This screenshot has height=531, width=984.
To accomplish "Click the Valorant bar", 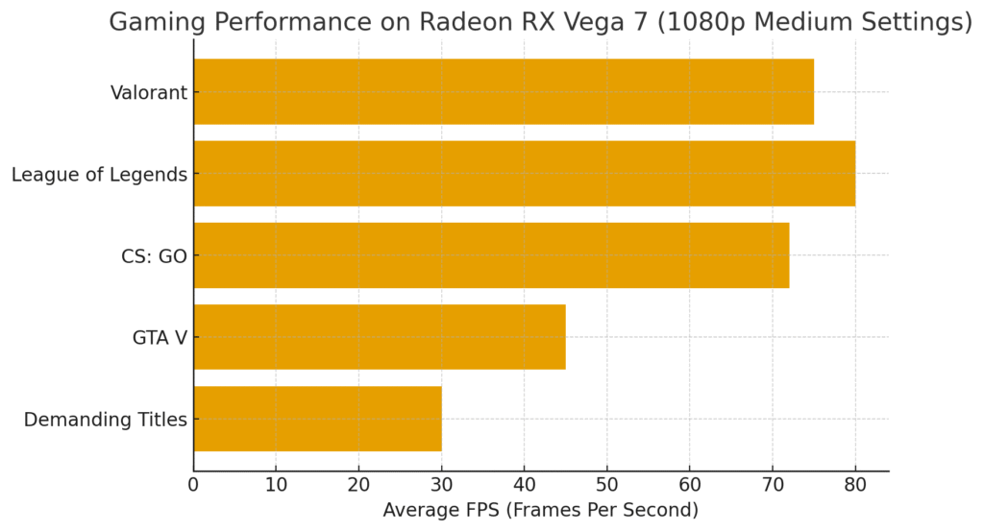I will click(504, 91).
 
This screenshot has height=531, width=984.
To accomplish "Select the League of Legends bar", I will click(524, 174).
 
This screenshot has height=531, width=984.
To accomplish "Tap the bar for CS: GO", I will click(491, 255).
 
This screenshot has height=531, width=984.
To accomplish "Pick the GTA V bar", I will click(380, 337).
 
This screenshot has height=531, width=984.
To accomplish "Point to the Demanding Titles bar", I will click(317, 419).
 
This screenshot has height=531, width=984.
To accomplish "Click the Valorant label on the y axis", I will click(149, 93).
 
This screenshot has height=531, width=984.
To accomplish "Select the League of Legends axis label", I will click(99, 175).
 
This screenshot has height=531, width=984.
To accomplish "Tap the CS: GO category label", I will click(154, 256).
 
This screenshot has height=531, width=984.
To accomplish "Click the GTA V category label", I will click(160, 338).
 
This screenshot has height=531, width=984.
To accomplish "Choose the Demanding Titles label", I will click(106, 420).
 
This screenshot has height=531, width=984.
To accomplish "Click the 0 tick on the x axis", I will click(193, 485).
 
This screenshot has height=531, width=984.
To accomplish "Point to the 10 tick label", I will click(276, 485).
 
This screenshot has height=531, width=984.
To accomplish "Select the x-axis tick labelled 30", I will click(441, 485).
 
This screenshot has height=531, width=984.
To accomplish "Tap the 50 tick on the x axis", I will click(606, 485).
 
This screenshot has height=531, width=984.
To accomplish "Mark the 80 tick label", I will click(855, 485).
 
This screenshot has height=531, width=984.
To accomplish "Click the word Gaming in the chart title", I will click(155, 22).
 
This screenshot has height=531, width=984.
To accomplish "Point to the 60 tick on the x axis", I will click(689, 485).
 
